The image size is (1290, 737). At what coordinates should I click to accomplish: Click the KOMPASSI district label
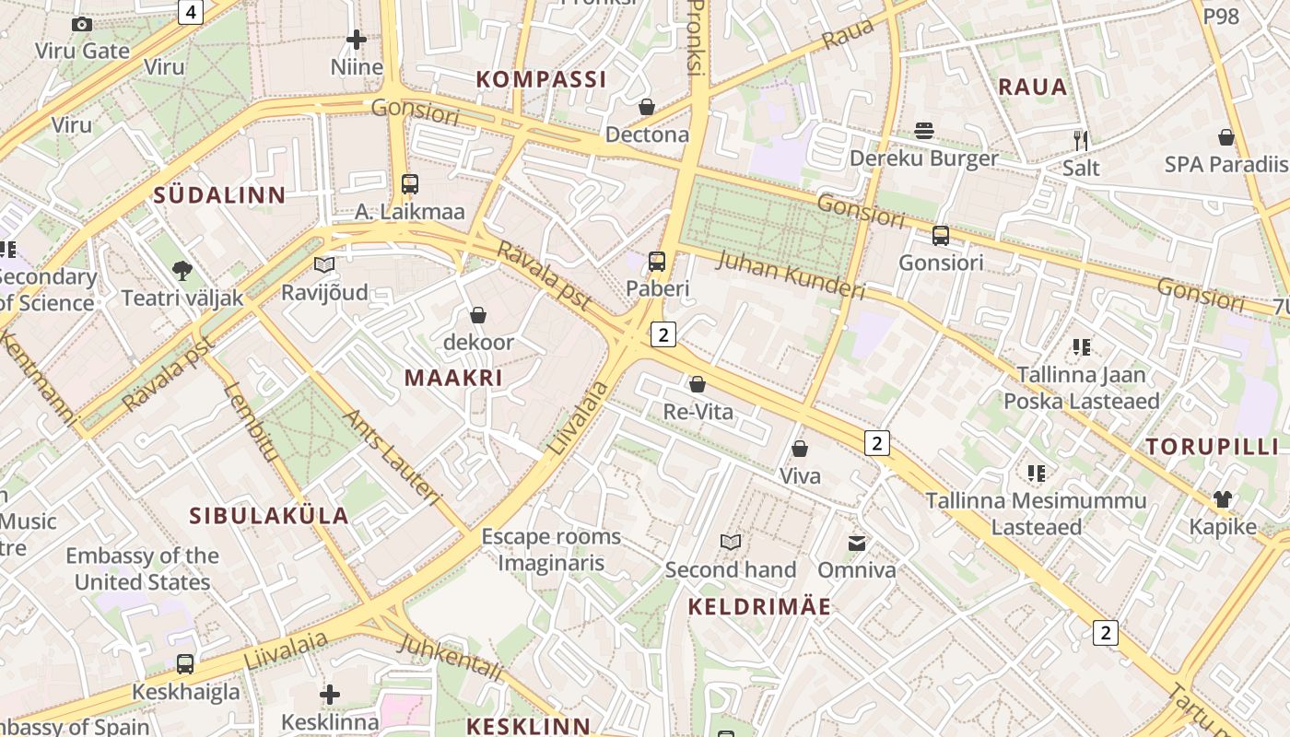(541, 79)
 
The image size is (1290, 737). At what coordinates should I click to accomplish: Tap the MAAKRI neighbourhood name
(453, 378)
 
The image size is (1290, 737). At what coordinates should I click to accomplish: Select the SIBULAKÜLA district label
(269, 516)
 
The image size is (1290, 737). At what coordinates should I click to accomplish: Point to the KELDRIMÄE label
(759, 607)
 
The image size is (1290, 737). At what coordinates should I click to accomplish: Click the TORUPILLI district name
(1212, 447)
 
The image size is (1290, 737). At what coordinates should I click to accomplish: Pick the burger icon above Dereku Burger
(924, 131)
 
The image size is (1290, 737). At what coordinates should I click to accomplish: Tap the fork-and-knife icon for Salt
(1081, 140)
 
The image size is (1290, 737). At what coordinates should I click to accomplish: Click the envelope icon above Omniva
(857, 543)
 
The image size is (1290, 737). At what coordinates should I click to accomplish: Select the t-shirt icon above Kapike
(1223, 499)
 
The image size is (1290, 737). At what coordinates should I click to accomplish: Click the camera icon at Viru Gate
(82, 25)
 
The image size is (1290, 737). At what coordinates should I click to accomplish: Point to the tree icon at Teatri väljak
(182, 271)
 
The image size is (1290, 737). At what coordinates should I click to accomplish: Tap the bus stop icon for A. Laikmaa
(410, 184)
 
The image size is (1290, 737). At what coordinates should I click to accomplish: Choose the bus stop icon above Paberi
(657, 262)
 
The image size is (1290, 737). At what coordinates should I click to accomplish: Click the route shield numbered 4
(190, 12)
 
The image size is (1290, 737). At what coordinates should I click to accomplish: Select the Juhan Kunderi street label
(791, 275)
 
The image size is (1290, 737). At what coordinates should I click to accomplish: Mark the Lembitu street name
(251, 421)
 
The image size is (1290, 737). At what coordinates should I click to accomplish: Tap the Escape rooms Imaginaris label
(551, 550)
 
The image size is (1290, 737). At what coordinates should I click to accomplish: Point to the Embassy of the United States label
(142, 569)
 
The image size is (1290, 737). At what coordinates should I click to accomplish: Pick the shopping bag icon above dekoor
(478, 316)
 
